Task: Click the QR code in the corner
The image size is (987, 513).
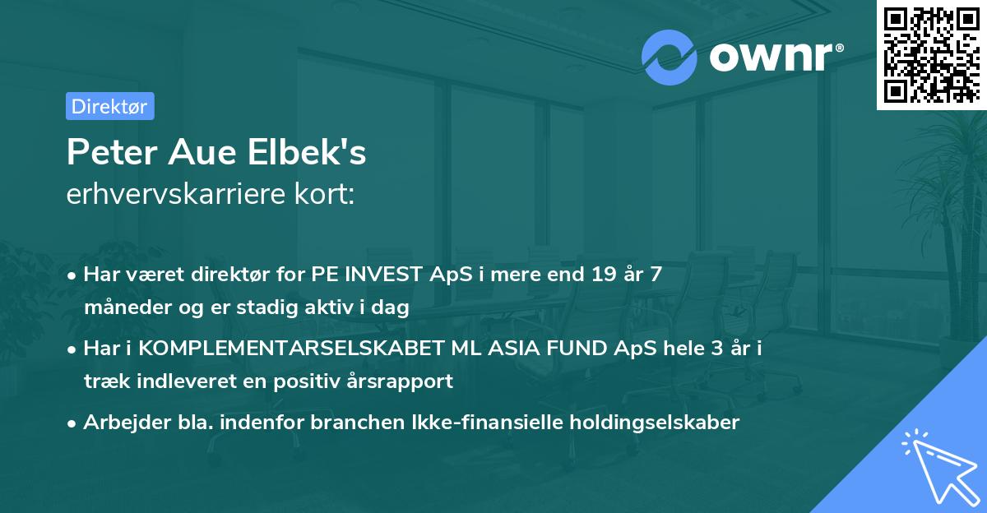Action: click(x=931, y=55)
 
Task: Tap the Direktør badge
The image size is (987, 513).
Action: click(x=109, y=105)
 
